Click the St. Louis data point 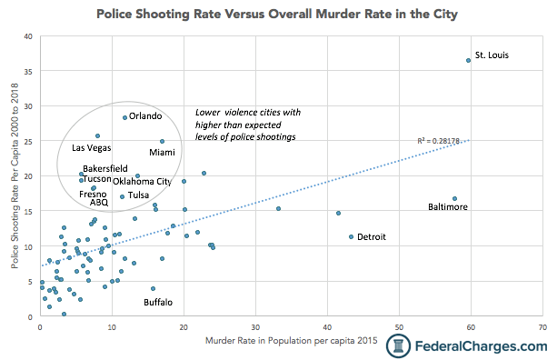tap(469, 60)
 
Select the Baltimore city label tap(448, 207)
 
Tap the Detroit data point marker tap(352, 236)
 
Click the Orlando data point tap(125, 117)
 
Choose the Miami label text tap(163, 153)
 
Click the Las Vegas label tap(92, 147)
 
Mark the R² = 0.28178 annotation tap(439, 141)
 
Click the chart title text tap(277, 15)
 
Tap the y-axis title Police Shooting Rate tap(15, 178)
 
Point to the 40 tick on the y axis tap(27, 36)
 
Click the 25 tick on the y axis tap(27, 141)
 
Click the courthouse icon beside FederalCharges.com tap(398, 345)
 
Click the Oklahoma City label tap(142, 182)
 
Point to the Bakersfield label tap(105, 169)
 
